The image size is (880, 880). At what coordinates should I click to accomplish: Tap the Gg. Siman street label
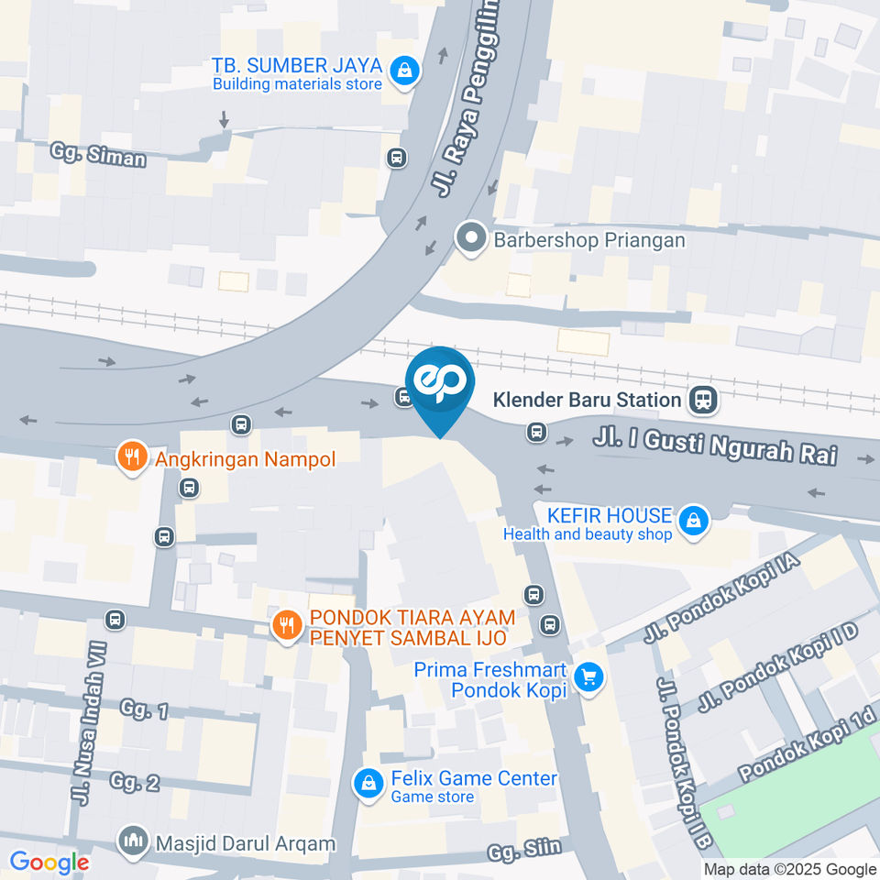coord(98,155)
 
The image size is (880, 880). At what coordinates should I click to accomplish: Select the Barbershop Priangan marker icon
coord(471,239)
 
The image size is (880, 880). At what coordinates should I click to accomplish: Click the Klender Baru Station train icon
coord(705,399)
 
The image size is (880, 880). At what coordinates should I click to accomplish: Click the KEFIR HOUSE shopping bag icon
coord(696,522)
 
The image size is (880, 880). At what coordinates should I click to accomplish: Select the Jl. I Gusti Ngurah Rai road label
coord(715,446)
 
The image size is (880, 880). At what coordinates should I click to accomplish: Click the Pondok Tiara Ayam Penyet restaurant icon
coord(287,626)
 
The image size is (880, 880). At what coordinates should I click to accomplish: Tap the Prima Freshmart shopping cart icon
coord(588,677)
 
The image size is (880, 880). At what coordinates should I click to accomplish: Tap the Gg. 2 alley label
coord(135,782)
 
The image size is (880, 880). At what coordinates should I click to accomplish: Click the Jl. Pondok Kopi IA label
coord(723,599)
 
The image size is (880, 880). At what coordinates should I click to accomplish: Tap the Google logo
coord(49,863)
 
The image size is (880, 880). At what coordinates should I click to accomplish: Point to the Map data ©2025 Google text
coord(790,870)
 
